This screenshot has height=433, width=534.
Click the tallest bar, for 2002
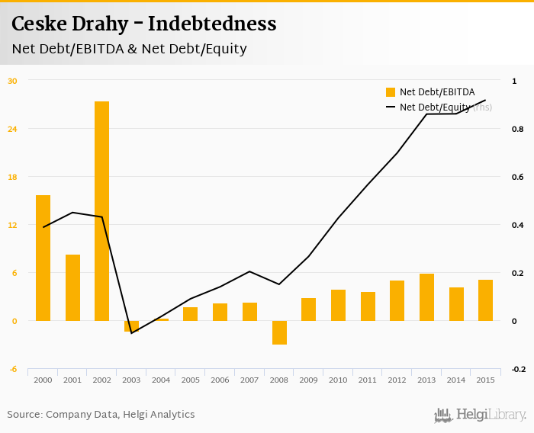[101, 211]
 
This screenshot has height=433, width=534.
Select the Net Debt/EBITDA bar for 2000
[43, 258]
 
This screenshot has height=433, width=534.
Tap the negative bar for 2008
[279, 332]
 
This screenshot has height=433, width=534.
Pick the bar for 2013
[426, 297]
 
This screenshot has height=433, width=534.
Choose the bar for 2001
[72, 287]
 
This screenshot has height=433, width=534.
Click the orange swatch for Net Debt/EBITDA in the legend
[391, 92]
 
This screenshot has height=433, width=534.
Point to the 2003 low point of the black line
[131, 333]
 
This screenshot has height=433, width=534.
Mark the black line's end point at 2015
[485, 100]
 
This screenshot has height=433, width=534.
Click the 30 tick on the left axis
[12, 80]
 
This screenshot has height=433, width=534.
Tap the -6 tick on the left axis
[12, 369]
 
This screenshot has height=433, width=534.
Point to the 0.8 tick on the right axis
[517, 129]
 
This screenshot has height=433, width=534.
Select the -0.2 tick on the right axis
[517, 369]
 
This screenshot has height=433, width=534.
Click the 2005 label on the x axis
[190, 380]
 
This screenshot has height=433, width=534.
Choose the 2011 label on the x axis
[368, 380]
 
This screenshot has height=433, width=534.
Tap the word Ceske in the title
[38, 24]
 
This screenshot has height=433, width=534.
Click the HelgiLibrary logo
[480, 415]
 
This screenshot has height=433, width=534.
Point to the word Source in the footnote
[24, 415]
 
